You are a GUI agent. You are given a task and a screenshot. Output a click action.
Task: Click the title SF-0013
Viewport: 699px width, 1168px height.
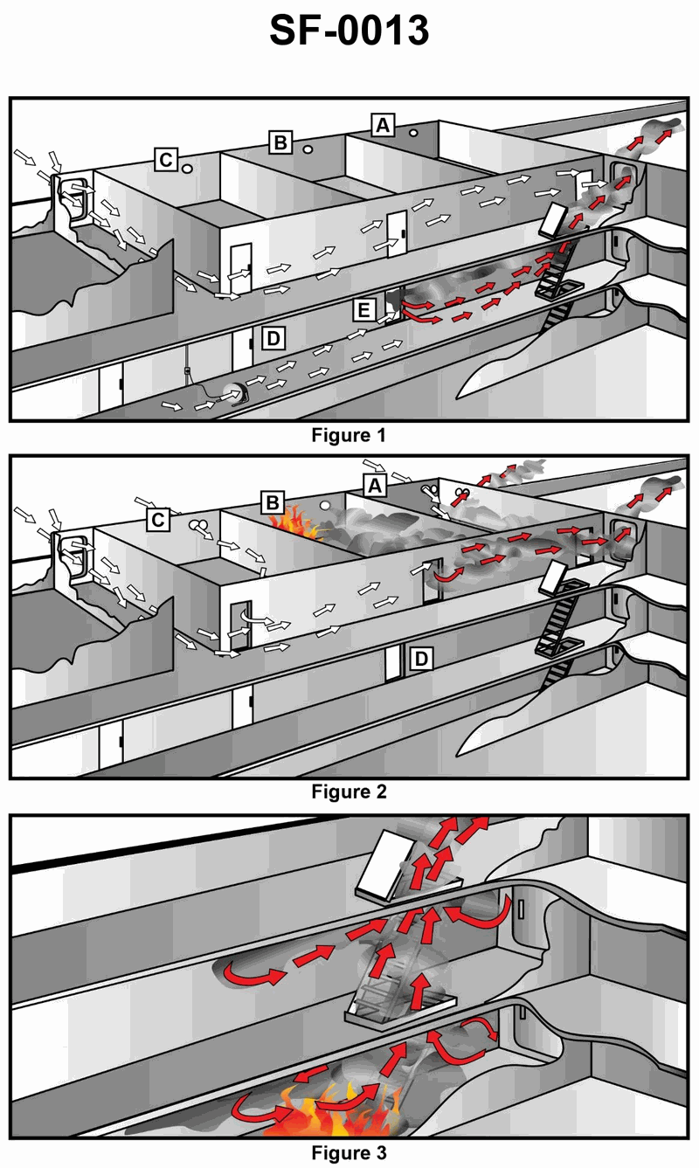click(x=349, y=31)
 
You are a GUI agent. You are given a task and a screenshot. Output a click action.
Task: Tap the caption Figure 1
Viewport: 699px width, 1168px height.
click(x=349, y=435)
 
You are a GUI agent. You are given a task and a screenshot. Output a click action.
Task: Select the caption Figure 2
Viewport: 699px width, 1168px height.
click(x=349, y=791)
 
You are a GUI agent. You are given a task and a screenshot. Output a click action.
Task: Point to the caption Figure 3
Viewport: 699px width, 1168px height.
click(x=349, y=1153)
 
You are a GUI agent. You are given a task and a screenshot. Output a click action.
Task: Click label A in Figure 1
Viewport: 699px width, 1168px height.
click(x=383, y=125)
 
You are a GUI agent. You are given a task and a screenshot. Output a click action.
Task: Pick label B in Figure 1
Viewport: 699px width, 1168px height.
click(x=280, y=142)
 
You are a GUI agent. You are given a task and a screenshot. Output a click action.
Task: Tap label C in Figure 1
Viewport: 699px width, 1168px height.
click(x=166, y=160)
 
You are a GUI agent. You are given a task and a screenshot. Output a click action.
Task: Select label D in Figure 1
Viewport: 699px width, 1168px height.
click(x=273, y=339)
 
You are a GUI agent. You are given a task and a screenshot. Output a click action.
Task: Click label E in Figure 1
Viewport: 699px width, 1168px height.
click(x=363, y=311)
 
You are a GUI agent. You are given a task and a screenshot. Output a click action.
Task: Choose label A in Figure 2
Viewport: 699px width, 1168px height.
click(x=375, y=486)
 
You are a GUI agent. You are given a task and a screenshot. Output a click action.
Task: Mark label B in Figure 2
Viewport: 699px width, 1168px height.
click(x=273, y=502)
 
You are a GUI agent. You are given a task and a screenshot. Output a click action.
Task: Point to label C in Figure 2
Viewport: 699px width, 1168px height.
click(x=158, y=520)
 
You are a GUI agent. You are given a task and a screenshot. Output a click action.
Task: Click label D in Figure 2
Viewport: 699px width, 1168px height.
click(x=421, y=659)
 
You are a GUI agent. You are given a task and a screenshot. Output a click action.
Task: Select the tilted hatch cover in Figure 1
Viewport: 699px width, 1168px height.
click(x=552, y=220)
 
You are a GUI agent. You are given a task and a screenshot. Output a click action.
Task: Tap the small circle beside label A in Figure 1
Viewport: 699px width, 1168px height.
click(x=413, y=133)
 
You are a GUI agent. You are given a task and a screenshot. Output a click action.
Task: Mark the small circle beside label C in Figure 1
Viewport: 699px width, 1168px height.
click(x=187, y=169)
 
